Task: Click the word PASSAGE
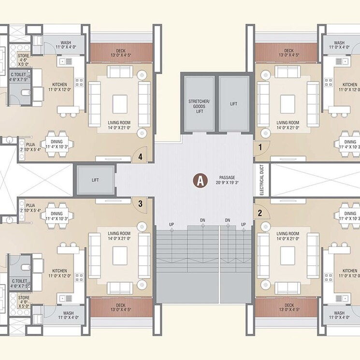point(226,178)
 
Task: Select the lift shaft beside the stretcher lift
point(233,103)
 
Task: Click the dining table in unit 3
point(57,216)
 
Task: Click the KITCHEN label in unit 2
point(350,274)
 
